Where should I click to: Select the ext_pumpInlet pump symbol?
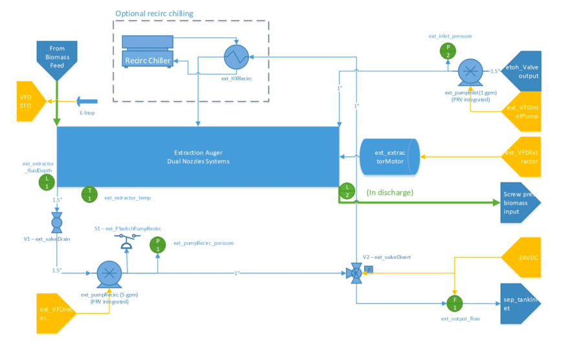(x=469, y=72)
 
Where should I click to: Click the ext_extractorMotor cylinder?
(x=389, y=157)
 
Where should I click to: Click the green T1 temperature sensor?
(x=90, y=194)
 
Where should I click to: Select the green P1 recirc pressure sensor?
(x=157, y=244)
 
